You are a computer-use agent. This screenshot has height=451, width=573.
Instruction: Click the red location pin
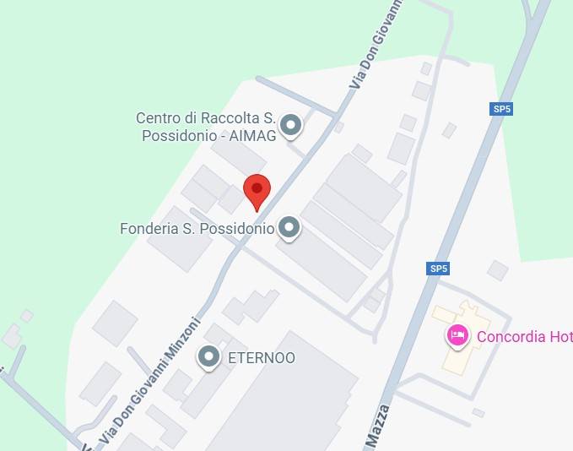257,188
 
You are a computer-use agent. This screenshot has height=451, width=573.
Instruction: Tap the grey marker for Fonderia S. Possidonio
289,227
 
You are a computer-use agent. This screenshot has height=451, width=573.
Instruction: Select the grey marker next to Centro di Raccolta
291,126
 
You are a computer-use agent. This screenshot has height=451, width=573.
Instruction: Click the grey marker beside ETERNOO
208,357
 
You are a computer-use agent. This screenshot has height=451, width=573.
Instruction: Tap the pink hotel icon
457,336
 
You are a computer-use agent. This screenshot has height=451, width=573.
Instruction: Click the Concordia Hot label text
524,337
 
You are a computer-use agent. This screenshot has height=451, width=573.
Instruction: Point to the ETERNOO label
262,358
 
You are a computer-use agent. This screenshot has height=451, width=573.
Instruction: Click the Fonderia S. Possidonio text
197,228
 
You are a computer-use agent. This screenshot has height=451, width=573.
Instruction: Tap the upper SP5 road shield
502,109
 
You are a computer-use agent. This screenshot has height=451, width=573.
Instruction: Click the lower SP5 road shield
438,269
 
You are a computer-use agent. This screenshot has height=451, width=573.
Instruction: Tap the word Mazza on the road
377,425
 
